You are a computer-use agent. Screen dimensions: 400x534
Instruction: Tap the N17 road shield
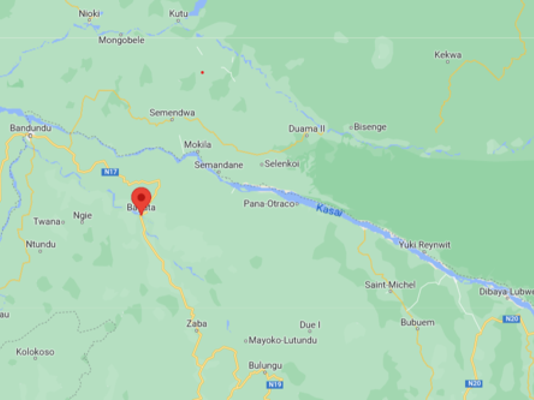[x=109, y=172]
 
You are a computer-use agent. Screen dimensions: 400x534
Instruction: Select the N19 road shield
[x=275, y=384]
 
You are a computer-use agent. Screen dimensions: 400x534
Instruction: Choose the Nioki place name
[x=89, y=14]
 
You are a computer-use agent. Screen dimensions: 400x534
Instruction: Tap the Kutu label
[x=178, y=14]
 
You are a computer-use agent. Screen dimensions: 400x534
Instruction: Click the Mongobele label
[x=122, y=40]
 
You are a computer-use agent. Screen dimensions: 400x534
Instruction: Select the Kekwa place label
[x=448, y=55]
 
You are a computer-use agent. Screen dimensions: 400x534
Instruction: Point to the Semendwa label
[x=172, y=113]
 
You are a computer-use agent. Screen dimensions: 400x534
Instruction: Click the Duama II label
[x=307, y=128]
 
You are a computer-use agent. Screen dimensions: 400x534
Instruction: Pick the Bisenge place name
[x=370, y=127]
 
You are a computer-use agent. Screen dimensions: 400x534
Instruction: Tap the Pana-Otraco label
[x=269, y=203]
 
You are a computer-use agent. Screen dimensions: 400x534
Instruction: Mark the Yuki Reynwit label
[x=424, y=244]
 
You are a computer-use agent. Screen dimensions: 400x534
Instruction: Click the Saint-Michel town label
[x=390, y=284]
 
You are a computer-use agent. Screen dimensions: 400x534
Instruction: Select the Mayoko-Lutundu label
[x=283, y=341]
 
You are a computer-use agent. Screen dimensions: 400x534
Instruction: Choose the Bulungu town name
[x=265, y=365]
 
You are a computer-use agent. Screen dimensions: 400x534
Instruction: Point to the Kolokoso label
[x=35, y=352]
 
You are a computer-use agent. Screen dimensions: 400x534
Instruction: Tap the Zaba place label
[x=197, y=323]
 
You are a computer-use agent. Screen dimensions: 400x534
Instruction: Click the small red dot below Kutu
[x=202, y=72]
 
